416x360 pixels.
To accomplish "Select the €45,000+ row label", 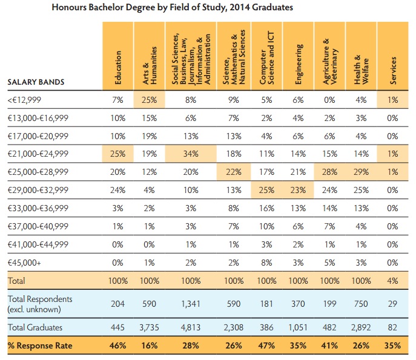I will pyautogui.click(x=26, y=264).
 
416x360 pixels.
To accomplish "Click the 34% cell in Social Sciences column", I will pyautogui.click(x=190, y=154).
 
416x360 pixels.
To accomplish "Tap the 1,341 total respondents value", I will pyautogui.click(x=190, y=305).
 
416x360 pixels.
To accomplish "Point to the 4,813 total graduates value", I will pyautogui.click(x=190, y=327).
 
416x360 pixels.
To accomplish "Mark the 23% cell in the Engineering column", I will pyautogui.click(x=298, y=191).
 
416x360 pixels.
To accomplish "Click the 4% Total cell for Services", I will pyautogui.click(x=393, y=282).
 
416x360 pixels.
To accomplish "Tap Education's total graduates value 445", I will pyautogui.click(x=118, y=327).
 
